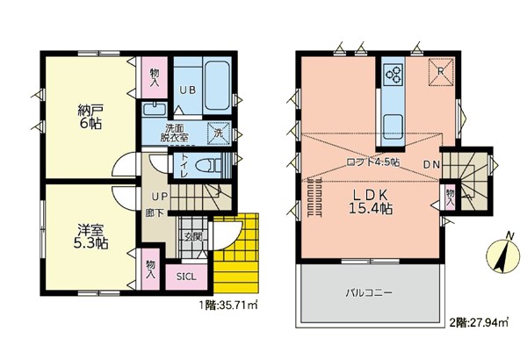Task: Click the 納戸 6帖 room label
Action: (x=90, y=117)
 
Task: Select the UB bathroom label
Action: (x=187, y=90)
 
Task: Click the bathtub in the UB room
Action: (x=217, y=85)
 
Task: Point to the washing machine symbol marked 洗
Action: (x=219, y=133)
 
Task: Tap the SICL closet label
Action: (x=186, y=277)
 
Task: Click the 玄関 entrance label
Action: (x=193, y=237)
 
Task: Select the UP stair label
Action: (x=159, y=197)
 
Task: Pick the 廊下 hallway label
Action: (x=155, y=212)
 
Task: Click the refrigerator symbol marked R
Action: (x=441, y=72)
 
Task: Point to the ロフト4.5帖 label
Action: (x=372, y=162)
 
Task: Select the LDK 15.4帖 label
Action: (x=371, y=201)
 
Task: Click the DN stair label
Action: (x=431, y=165)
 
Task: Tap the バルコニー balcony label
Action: (x=369, y=292)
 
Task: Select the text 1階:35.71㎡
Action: (x=228, y=306)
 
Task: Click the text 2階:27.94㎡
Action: (x=479, y=323)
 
